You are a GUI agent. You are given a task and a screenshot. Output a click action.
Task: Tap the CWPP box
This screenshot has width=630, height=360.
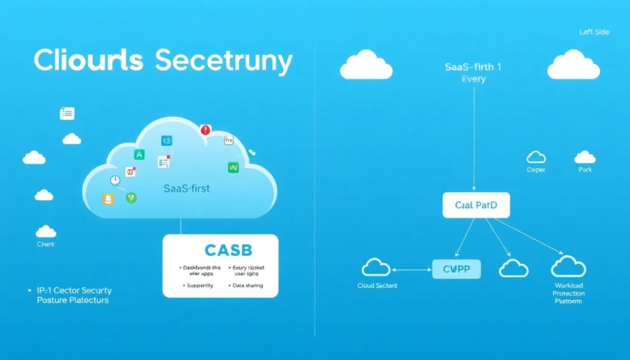456,268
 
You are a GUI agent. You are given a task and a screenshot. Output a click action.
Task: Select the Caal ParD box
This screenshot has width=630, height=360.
476,205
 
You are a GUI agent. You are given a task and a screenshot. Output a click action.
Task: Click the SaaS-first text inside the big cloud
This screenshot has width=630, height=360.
187,188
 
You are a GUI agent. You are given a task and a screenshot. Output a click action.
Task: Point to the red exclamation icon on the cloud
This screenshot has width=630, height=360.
205,130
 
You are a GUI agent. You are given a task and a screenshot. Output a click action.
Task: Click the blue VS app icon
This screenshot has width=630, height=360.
167,141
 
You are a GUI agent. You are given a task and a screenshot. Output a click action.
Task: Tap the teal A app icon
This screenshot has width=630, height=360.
139,154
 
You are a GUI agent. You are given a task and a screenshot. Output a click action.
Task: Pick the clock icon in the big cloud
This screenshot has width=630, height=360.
114,180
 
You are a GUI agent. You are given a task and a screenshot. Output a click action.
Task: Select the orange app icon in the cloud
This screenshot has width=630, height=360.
108,199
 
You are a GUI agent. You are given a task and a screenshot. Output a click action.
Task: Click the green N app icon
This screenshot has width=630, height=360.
233,167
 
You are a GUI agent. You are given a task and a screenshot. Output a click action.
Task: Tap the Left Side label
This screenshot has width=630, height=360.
594,32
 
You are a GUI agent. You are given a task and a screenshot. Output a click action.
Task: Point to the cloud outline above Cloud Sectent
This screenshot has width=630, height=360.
376,267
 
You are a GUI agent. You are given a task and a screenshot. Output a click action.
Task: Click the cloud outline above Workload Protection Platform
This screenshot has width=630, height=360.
568,266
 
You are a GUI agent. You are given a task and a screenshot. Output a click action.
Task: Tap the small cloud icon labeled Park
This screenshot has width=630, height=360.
584,157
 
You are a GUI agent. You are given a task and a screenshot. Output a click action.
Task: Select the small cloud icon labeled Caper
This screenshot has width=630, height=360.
536,157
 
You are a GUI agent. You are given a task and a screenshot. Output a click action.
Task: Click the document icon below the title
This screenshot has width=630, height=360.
67,113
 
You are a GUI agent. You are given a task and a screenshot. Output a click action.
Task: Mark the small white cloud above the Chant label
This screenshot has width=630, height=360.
46,231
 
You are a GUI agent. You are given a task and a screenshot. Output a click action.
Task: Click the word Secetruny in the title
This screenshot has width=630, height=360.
224,62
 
